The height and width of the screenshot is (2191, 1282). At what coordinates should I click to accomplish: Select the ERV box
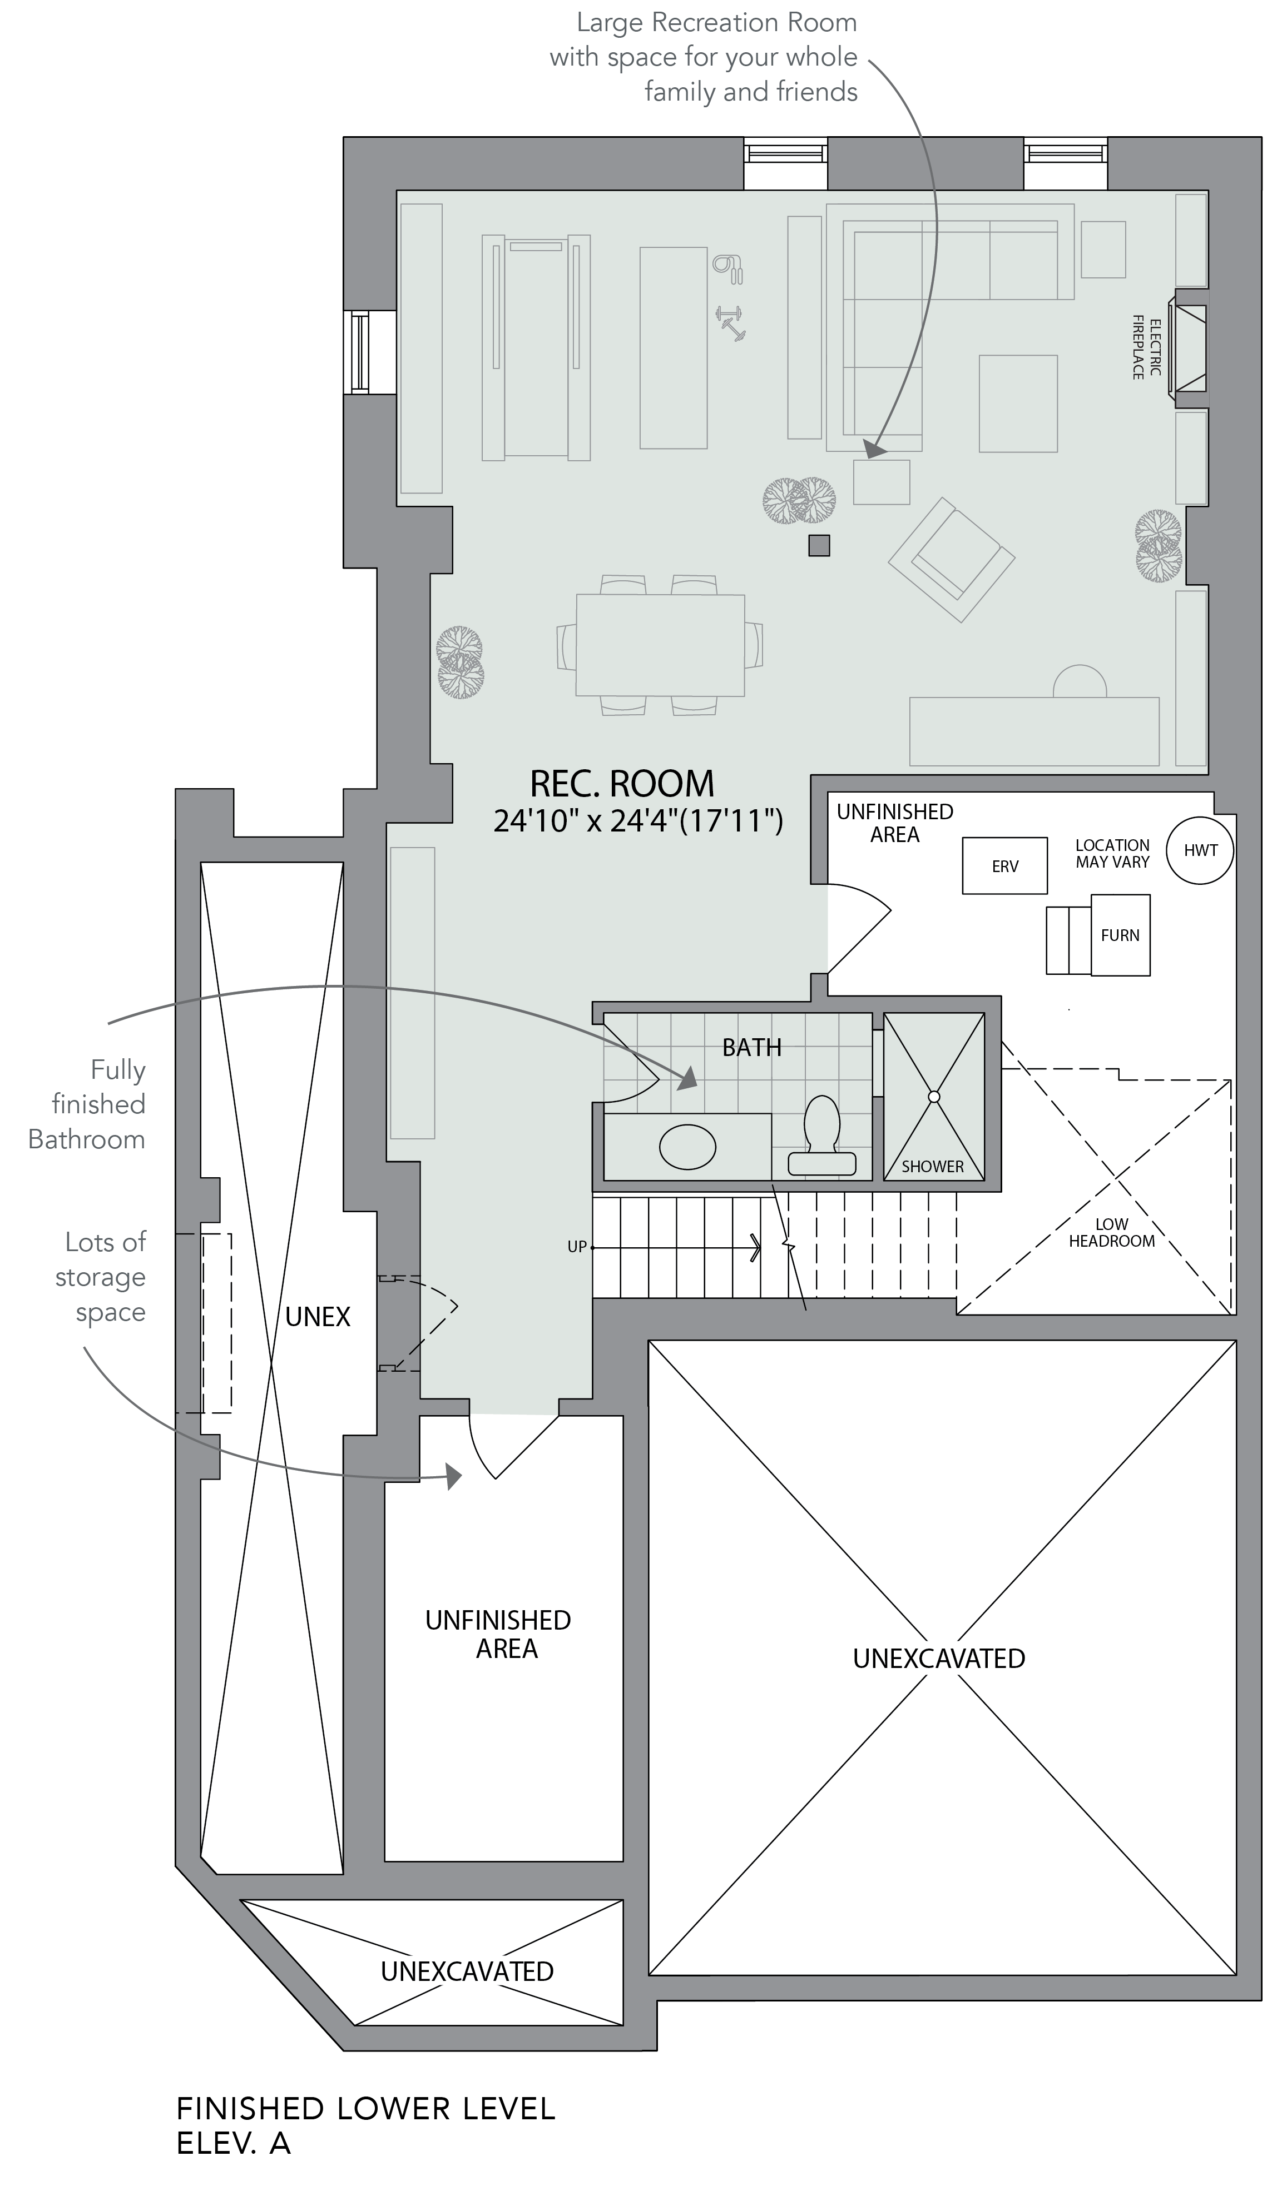pos(1004,866)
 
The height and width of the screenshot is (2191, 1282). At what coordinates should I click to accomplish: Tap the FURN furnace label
pos(1120,935)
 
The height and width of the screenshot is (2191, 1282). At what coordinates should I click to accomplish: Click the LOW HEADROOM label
pos(1112,1233)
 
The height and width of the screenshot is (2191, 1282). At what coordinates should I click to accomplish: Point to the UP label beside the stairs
pos(577,1247)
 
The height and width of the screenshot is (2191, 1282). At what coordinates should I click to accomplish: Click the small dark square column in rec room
pos(819,545)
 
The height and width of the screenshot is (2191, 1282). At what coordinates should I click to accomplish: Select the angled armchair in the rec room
pos(952,559)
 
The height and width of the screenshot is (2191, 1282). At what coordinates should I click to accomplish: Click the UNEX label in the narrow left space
pos(318,1317)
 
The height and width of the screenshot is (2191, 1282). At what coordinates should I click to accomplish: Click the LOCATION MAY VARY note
pos(1112,853)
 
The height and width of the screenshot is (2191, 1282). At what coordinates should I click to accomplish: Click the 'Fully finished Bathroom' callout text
pos(87,1104)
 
